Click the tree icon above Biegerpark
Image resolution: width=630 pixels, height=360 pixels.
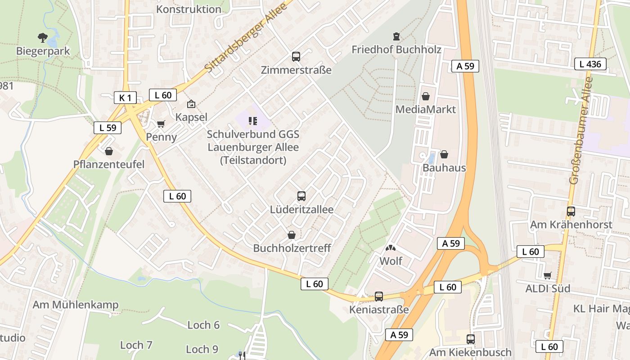pyautogui.click(x=43, y=38)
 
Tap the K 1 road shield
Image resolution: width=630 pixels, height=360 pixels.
pyautogui.click(x=125, y=98)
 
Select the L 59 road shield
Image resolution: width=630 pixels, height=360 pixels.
pyautogui.click(x=108, y=127)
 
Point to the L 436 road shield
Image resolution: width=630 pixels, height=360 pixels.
pyautogui.click(x=590, y=64)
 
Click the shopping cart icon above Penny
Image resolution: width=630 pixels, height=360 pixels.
pyautogui.click(x=161, y=124)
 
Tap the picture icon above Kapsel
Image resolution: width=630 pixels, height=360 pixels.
pyautogui.click(x=191, y=104)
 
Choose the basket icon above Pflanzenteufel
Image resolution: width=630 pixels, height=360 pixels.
pyautogui.click(x=108, y=151)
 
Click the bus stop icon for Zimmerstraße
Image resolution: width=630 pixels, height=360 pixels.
pyautogui.click(x=296, y=57)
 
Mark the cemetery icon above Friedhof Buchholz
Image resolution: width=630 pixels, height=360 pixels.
pyautogui.click(x=396, y=36)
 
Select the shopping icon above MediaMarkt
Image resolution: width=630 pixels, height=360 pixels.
pyautogui.click(x=426, y=96)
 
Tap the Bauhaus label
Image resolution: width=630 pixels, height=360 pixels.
pyautogui.click(x=444, y=168)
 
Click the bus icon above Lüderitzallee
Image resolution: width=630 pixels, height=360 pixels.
pyautogui.click(x=301, y=196)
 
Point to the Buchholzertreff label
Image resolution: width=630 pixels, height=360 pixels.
pyautogui.click(x=292, y=248)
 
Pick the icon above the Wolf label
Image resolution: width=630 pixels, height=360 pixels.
pyautogui.click(x=391, y=247)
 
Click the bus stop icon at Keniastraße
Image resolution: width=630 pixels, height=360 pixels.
pyautogui.click(x=379, y=296)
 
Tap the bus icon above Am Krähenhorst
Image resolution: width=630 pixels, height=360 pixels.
pyautogui.click(x=571, y=211)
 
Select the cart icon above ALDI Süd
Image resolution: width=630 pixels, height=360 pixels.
pyautogui.click(x=548, y=275)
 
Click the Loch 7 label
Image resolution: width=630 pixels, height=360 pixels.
pyautogui.click(x=136, y=345)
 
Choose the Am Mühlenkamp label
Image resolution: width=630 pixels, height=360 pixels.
pyautogui.click(x=75, y=305)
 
